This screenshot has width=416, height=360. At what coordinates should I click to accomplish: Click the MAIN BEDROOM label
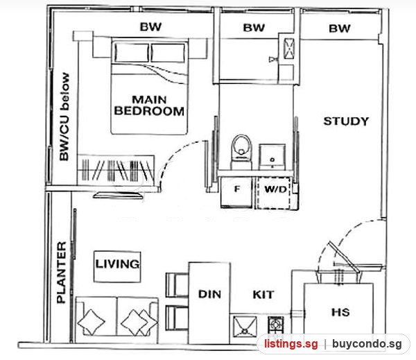pos(149,105)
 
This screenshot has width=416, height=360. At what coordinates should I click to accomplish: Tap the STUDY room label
pos(346,121)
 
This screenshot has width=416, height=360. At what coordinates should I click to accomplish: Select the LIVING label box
pos(117,266)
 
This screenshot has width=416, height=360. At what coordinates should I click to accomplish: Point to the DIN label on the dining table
pos(209,294)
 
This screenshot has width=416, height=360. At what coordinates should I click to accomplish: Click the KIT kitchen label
pos(263,295)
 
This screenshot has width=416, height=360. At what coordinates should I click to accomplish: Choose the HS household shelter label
pos(340,312)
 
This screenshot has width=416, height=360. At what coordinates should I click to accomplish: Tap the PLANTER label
pos(62,273)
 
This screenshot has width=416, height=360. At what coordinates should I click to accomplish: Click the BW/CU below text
pos(64,117)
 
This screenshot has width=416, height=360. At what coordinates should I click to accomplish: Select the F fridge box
pos(236,192)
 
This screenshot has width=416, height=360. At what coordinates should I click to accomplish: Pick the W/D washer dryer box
pos(273,193)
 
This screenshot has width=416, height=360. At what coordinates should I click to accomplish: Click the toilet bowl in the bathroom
pos(241,151)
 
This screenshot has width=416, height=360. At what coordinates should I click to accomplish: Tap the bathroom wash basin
pos(272,157)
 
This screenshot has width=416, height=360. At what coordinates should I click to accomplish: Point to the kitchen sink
pos(245,327)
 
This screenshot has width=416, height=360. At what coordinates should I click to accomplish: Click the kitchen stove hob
pos(276,325)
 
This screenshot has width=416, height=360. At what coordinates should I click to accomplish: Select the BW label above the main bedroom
pos(150,27)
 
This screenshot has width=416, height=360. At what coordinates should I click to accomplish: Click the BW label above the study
pos(340,28)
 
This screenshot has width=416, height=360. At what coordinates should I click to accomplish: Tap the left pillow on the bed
pos(132,53)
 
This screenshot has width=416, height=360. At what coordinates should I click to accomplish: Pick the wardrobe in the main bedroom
pos(116,170)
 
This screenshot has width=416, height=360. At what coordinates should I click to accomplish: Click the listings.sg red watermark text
pos(291,344)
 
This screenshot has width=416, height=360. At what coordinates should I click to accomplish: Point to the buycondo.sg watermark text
pos(367,344)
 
